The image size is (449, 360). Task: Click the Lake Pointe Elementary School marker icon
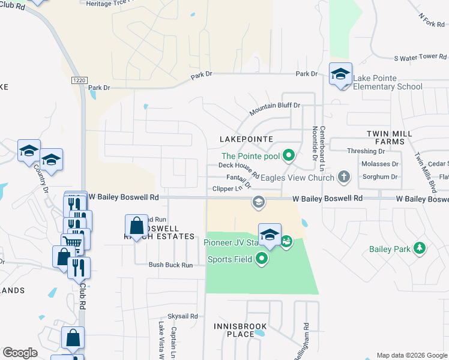340,74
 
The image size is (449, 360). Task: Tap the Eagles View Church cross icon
343,177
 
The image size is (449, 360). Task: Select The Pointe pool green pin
289,156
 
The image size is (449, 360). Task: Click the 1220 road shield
78,80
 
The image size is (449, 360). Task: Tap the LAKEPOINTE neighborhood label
246,139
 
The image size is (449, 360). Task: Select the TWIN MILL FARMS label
395,137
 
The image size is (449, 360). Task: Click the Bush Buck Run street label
170,265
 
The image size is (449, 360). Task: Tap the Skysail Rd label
182,316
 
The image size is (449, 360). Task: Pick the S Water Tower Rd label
421,58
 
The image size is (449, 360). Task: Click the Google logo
20,353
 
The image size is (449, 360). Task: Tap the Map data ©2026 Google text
411,355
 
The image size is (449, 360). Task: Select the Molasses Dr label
380,164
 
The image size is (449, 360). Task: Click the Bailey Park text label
389,249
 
